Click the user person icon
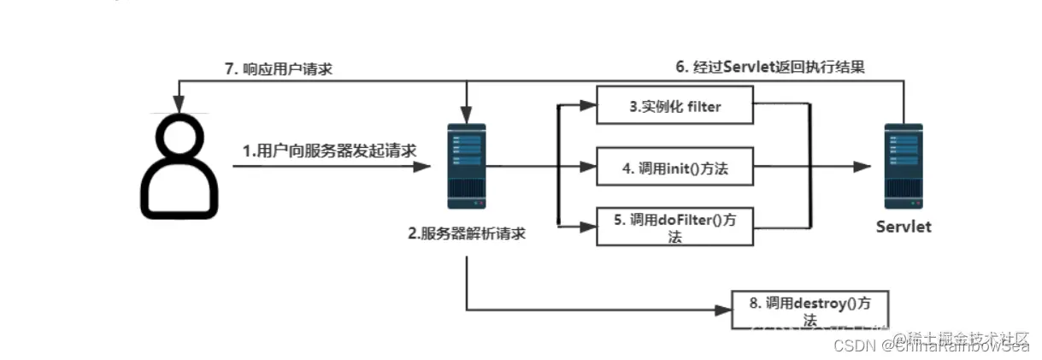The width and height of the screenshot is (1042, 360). tap(179, 167)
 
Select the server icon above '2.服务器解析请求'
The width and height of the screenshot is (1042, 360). tap(466, 167)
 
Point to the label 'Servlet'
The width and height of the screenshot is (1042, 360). tap(904, 227)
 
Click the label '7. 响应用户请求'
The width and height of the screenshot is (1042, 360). tap(279, 69)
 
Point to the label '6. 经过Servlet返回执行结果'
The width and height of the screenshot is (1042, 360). tap(770, 68)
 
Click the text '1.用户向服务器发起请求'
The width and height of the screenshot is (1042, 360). tap(329, 150)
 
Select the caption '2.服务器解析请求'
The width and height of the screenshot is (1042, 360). tap(466, 233)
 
